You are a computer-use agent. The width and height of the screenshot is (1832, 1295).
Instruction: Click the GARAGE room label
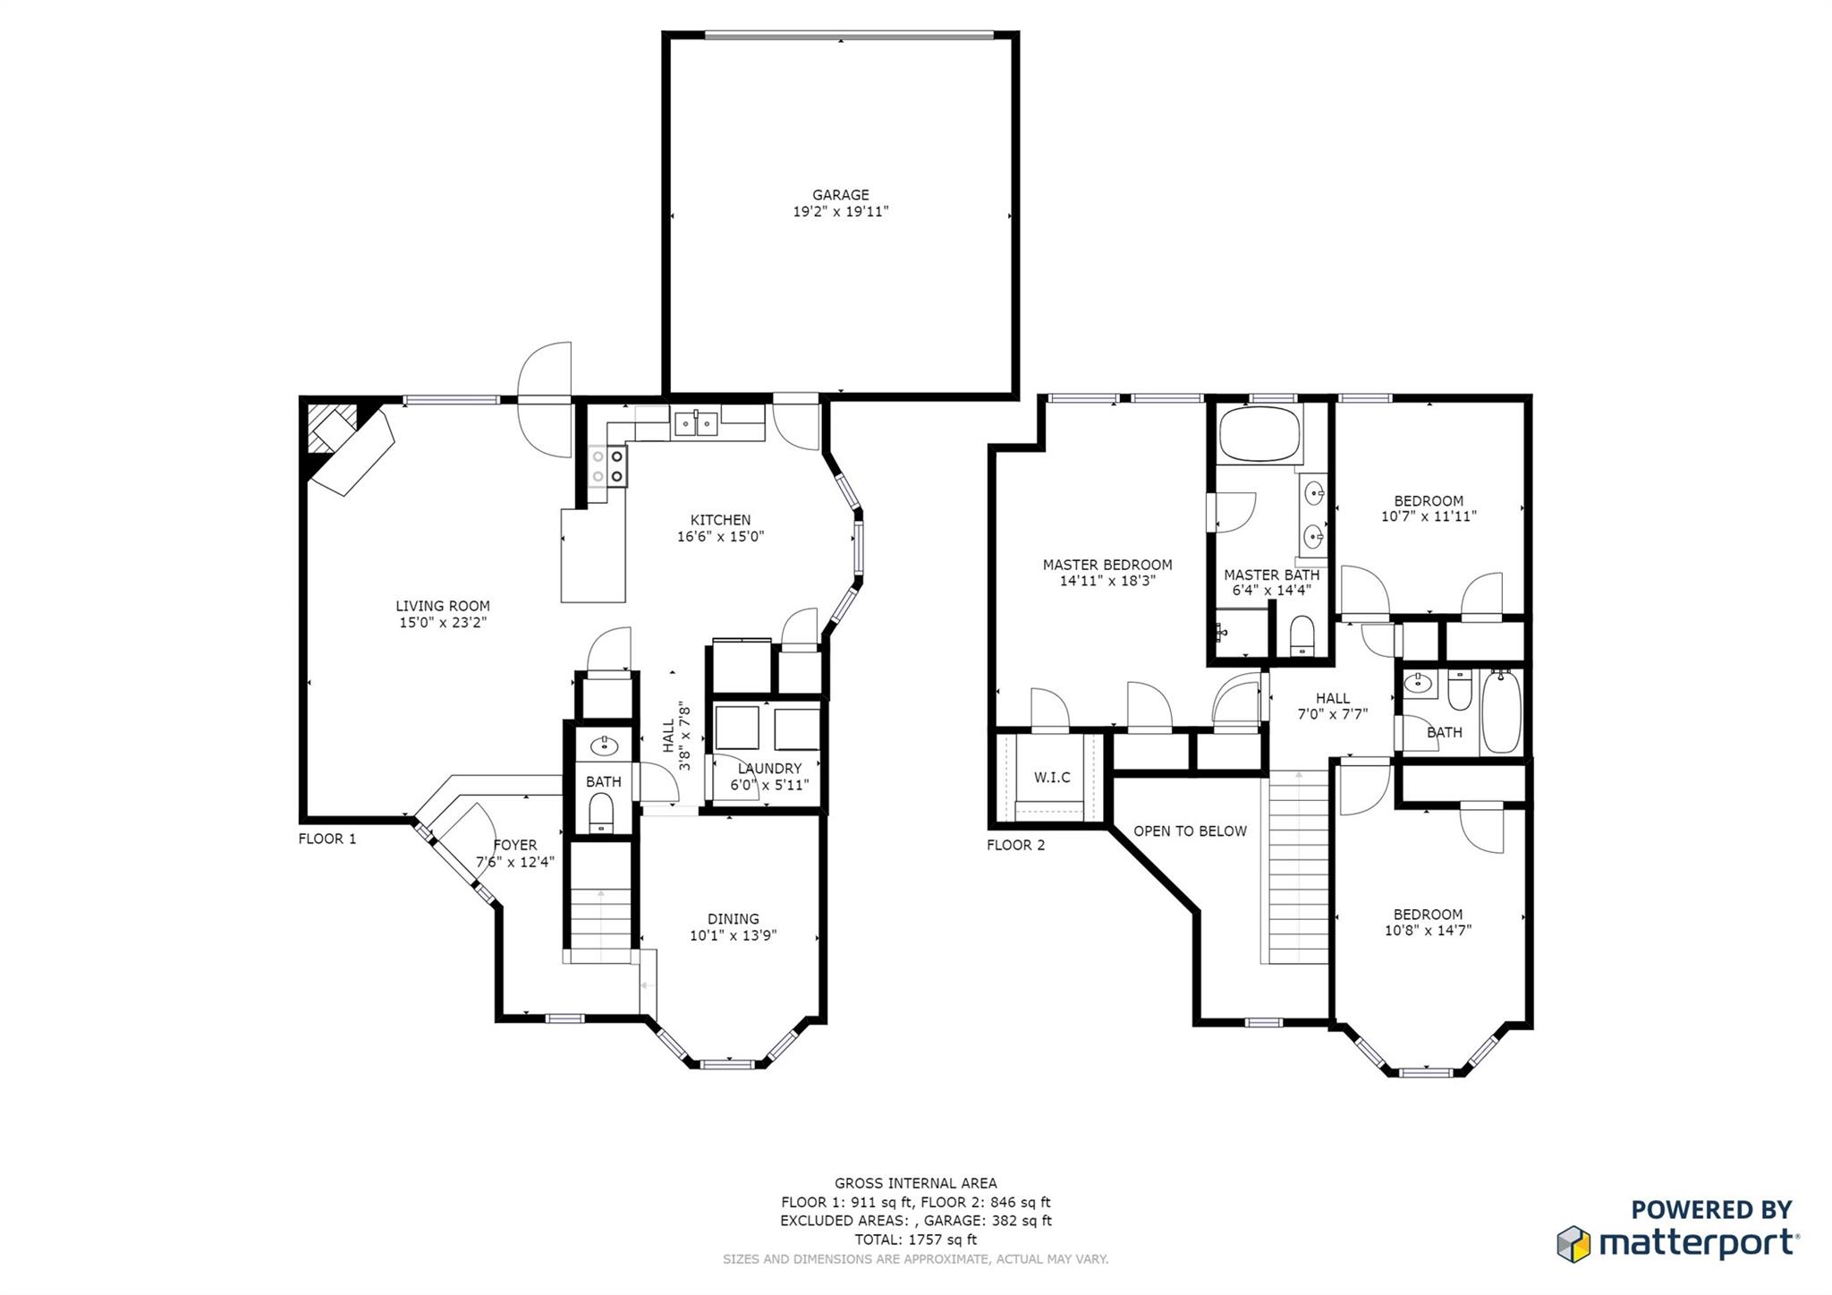tap(840, 195)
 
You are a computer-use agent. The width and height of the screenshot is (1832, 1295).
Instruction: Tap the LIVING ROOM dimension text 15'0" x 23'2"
tap(443, 623)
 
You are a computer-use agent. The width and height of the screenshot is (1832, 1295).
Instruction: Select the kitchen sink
tap(696, 423)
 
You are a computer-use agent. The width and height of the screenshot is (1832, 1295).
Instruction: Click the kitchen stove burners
tap(608, 466)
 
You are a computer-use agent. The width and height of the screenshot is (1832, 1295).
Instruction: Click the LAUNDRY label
tap(769, 769)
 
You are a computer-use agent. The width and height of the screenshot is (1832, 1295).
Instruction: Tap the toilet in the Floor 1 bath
tap(601, 815)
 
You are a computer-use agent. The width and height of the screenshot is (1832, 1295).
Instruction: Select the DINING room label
tap(733, 919)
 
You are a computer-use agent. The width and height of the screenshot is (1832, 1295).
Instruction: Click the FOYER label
tap(515, 845)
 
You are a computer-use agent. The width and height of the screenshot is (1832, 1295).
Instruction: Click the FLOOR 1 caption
tap(327, 839)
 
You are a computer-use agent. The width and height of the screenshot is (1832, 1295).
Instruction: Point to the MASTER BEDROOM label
tap(1107, 565)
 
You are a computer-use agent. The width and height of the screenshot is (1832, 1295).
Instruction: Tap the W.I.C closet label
tap(1052, 777)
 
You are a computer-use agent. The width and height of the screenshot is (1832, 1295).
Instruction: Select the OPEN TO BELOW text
tap(1190, 831)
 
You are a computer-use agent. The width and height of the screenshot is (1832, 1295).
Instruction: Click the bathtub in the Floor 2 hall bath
tap(1502, 712)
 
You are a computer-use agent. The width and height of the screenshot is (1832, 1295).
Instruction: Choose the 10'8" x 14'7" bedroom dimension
tap(1428, 930)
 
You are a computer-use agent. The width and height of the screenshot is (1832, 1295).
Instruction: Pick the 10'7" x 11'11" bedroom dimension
tap(1429, 516)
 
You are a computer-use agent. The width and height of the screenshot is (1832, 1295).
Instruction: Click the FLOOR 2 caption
tap(1015, 845)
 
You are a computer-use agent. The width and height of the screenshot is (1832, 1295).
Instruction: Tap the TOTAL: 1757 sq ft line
tap(915, 1240)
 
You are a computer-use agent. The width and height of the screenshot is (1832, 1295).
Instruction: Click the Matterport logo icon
tap(1573, 1244)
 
